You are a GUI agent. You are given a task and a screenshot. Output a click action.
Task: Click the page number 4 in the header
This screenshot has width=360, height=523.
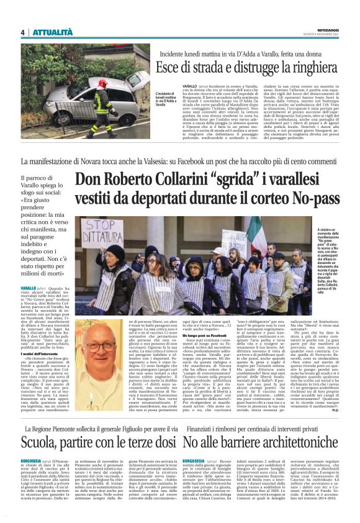[22, 32]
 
